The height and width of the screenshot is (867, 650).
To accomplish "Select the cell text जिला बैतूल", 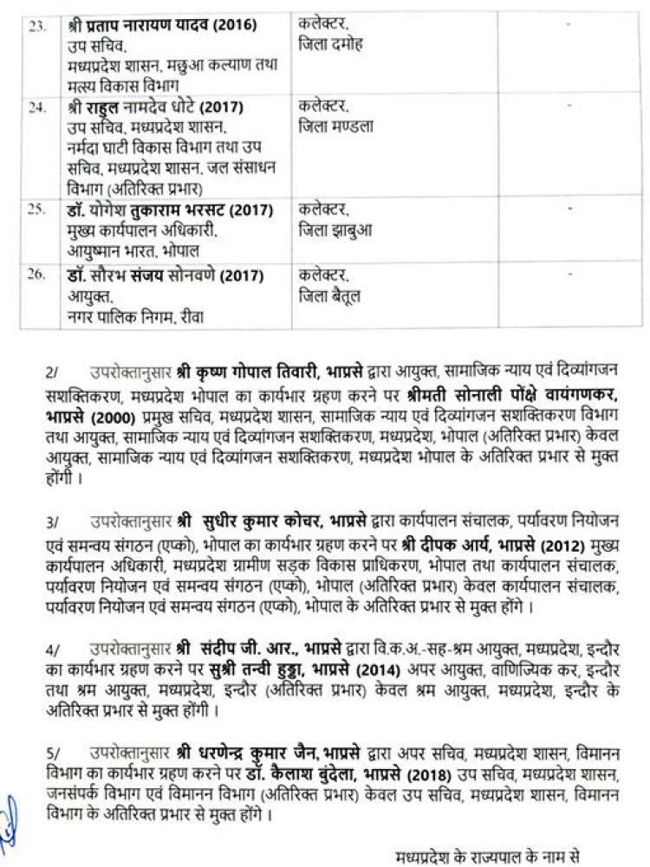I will point(328,296).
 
